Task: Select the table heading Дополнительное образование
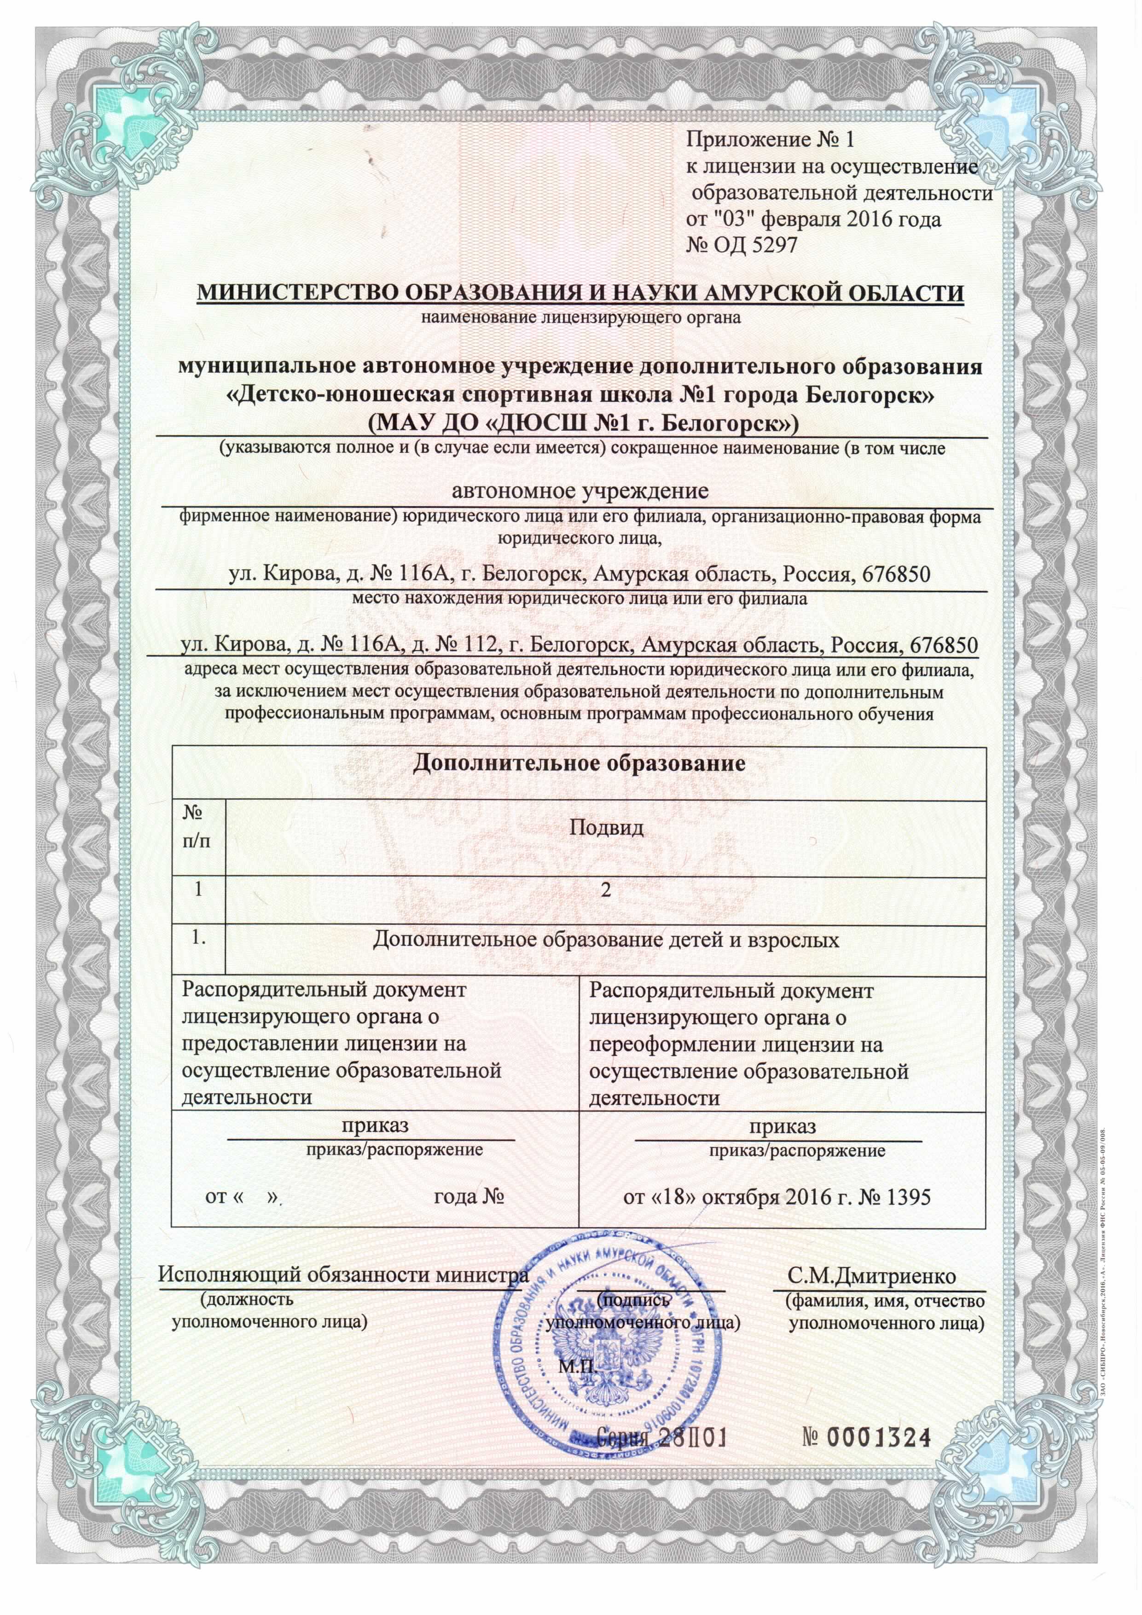click(579, 763)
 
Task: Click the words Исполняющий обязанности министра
click(342, 1275)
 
